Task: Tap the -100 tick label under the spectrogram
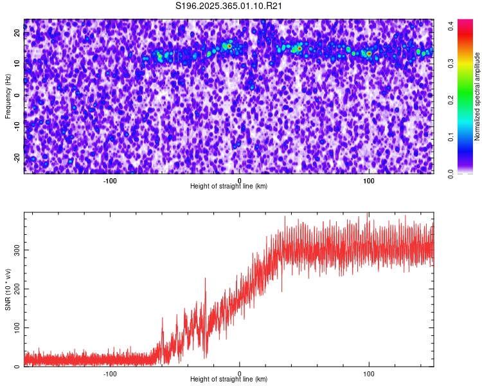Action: tap(110, 181)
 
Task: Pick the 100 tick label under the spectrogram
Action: tap(369, 181)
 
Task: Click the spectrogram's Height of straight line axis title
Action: tap(229, 187)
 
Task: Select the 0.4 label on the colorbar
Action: tap(451, 26)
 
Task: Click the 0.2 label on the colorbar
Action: tap(451, 100)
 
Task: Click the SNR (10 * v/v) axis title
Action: tap(8, 289)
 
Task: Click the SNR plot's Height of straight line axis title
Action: tap(229, 380)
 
